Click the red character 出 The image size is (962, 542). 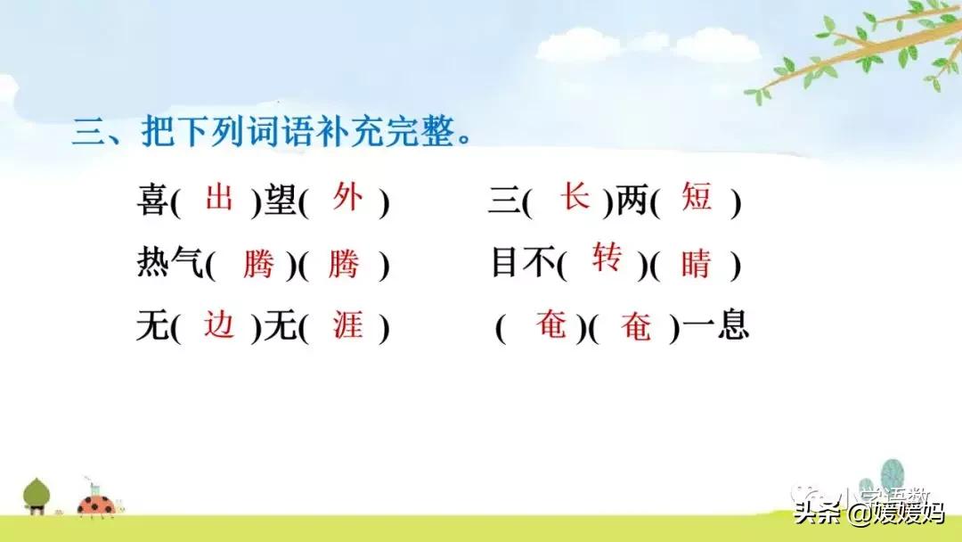[x=219, y=197]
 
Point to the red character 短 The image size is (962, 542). [x=697, y=197]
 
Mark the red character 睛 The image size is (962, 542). [x=697, y=265]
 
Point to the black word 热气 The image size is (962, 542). [x=171, y=265]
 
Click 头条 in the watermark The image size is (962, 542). [x=817, y=513]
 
